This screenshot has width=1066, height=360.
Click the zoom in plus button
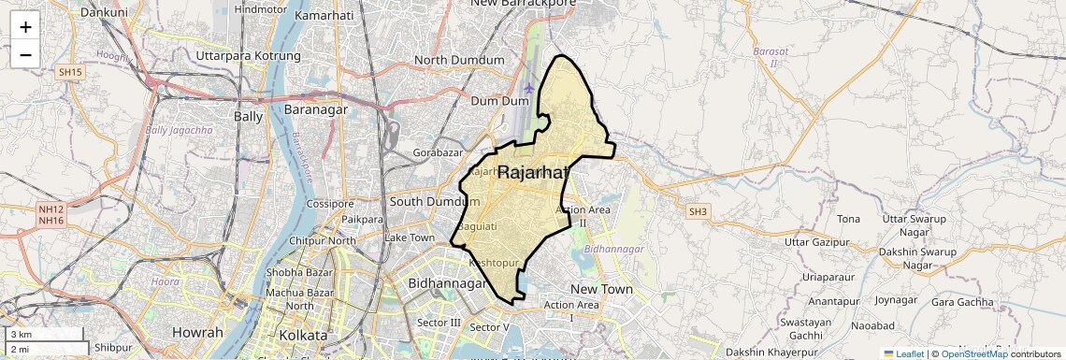coord(25,26)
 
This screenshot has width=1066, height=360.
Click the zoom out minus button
coord(25,54)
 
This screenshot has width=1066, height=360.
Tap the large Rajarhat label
coord(533,173)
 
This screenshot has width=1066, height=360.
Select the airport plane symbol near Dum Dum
coord(529,88)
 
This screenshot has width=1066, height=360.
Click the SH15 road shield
coord(70,72)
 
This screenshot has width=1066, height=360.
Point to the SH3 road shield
coord(698,212)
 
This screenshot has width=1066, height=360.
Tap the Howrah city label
coord(197,333)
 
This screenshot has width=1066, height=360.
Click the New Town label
coord(601,289)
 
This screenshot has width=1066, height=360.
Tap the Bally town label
coord(248,117)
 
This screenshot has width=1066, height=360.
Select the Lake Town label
coord(410,238)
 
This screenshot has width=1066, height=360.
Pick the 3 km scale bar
coord(45,335)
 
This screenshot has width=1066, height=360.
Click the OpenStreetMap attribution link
coord(973,353)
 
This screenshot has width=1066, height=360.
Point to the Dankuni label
coord(104,12)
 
